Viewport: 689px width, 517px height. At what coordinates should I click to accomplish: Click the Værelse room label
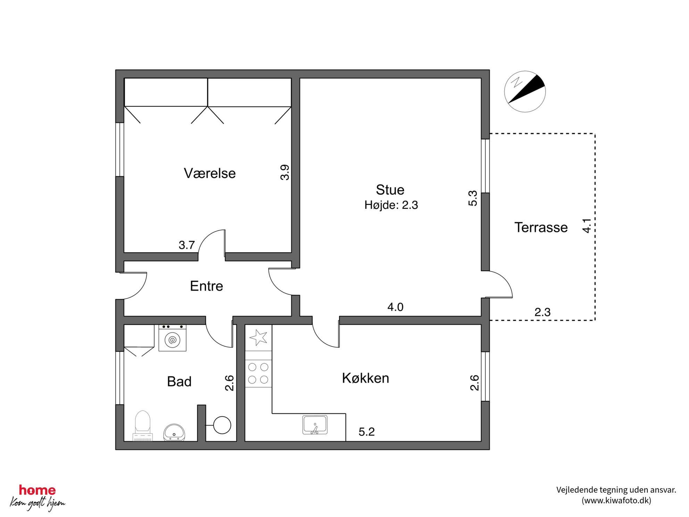209,173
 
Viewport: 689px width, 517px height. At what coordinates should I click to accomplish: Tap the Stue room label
390,190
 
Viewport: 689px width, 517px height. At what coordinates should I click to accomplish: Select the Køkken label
365,378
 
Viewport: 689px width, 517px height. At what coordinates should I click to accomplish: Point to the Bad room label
179,381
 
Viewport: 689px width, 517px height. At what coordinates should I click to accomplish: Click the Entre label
206,286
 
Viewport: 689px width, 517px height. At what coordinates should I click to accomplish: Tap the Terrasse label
541,227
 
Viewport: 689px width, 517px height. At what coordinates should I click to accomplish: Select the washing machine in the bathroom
172,338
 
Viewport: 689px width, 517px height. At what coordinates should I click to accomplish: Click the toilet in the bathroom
142,426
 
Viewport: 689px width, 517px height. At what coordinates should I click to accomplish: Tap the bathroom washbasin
174,433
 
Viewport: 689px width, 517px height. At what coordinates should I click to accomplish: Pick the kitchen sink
315,425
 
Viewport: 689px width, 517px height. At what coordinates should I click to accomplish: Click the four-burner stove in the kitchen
258,373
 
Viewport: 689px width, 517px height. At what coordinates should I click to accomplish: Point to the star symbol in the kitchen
258,337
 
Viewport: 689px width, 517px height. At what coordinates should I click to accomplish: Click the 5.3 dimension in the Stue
473,198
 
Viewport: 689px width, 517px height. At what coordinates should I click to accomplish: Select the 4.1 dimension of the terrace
587,225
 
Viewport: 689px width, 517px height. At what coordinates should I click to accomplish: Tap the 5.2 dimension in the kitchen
367,432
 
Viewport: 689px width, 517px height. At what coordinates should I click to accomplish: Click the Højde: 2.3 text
391,205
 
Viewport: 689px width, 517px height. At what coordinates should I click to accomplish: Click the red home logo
37,490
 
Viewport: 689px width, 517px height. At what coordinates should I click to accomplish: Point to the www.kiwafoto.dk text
616,500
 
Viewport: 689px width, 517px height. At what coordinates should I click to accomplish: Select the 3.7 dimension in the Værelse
187,245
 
